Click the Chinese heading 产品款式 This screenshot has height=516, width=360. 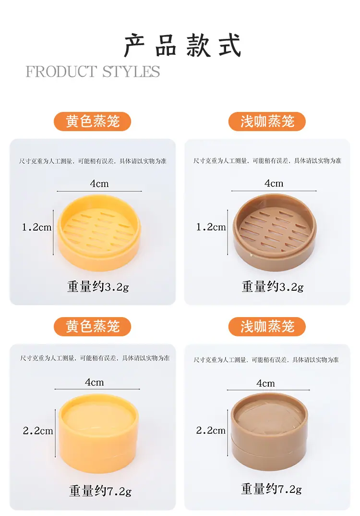point(183,46)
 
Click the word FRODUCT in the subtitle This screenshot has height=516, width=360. point(61,72)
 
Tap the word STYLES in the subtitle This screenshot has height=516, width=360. point(131,72)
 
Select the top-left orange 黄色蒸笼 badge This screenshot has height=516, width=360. point(92,122)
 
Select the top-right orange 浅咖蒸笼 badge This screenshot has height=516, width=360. point(267,122)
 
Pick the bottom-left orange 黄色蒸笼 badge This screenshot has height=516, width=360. point(92,326)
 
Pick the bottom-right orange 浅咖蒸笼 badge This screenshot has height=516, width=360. point(267,326)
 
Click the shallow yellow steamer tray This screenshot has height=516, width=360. point(99,233)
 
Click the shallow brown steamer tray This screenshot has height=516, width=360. point(275,233)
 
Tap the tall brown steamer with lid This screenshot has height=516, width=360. point(269,431)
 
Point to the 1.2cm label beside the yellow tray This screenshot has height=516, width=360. point(37,227)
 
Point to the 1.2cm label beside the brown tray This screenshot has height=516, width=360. point(211,227)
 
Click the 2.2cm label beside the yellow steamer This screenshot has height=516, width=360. point(38,430)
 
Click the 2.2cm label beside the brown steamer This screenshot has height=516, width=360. point(211,430)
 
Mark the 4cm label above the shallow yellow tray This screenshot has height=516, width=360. point(99,184)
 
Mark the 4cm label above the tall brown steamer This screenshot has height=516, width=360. point(265,383)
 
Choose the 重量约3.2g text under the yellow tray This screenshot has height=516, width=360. point(98,287)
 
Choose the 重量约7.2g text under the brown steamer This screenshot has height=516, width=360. point(271,489)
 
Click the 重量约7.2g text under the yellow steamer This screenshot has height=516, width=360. point(100,491)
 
